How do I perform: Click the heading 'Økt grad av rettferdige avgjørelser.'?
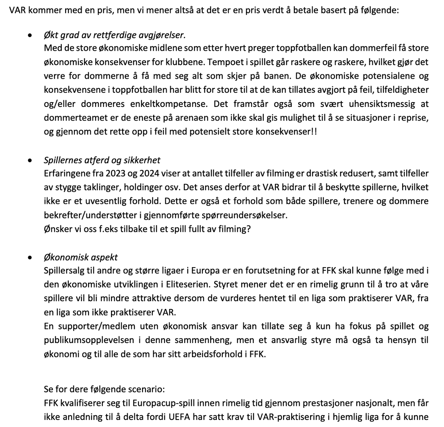tap(115, 35)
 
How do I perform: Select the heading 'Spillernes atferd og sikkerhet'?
tap(102, 160)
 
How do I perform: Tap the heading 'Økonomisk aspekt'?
tap(81, 257)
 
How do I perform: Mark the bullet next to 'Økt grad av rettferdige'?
tap(30, 36)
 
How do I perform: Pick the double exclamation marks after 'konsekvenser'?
tap(314, 132)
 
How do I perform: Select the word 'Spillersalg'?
tap(64, 270)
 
